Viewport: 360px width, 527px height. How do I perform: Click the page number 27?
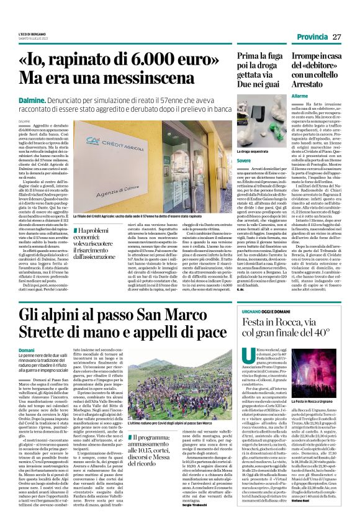point(337,37)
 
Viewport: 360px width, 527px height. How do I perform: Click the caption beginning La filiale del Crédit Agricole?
point(148,215)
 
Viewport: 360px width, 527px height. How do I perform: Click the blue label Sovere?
point(245,161)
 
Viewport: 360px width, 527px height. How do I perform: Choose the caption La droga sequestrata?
point(255,150)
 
